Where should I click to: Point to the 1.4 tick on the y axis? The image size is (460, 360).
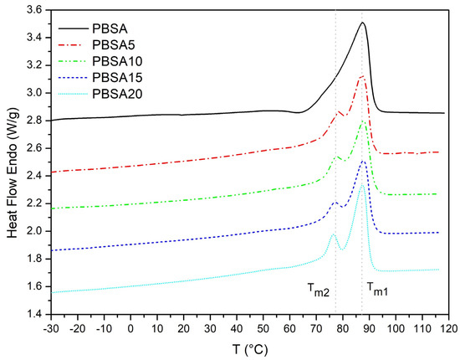tap(34, 314)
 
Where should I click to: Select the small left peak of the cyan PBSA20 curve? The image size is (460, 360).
tap(332, 234)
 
